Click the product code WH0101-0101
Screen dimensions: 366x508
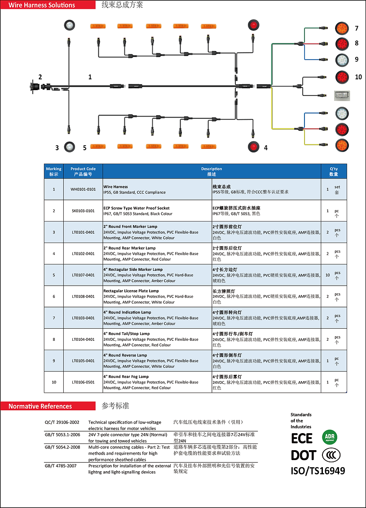[83, 189]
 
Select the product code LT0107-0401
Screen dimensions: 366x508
[83, 275]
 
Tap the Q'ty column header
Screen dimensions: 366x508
[334, 171]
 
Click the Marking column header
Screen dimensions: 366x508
[54, 171]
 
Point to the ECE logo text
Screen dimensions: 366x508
[302, 438]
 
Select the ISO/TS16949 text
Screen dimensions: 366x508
[318, 471]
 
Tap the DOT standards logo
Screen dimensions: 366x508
[303, 455]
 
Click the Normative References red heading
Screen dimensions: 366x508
[40, 406]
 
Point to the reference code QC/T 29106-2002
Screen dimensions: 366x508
[62, 422]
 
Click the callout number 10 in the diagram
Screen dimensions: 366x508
[358, 77]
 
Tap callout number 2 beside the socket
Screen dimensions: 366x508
[40, 77]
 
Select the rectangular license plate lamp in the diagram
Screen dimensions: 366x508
[342, 96]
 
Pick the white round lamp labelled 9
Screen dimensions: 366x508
[343, 59]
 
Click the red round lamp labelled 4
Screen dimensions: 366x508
[253, 147]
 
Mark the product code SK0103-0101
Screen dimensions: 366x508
[83, 211]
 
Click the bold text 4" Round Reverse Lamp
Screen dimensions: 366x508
[125, 355]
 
